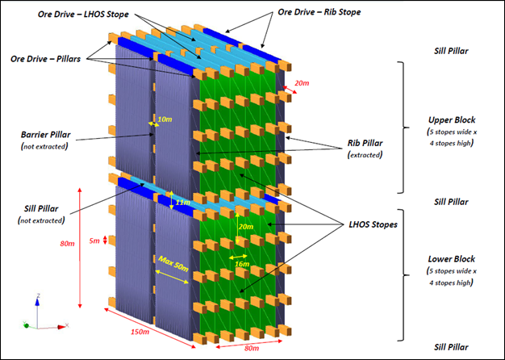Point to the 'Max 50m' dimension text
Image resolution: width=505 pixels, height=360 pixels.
pyautogui.click(x=174, y=262)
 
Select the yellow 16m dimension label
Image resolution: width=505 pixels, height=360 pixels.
pyautogui.click(x=240, y=262)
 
